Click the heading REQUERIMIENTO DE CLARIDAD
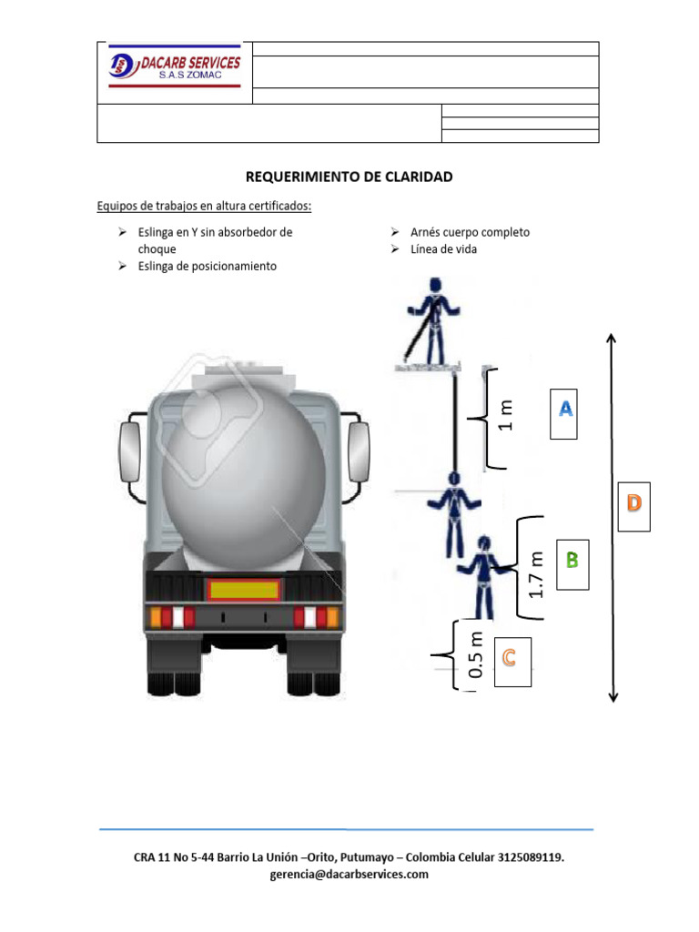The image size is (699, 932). pos(349,177)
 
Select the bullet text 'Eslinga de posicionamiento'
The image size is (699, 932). pos(207,266)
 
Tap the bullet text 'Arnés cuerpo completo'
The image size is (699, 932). pos(470,232)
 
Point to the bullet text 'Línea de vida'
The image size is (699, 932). pos(443,249)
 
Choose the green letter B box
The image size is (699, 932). pos(572,561)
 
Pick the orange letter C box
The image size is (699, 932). pos(512,660)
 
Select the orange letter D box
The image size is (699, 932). pos(634,502)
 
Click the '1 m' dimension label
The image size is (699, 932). pos(506,416)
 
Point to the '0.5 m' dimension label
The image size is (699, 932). pos(474,656)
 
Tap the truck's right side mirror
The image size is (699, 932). pos(359,451)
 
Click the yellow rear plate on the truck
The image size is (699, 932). pos(245,589)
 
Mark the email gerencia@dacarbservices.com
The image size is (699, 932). pos(349,875)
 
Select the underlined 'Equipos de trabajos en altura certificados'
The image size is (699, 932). pos(204,206)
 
